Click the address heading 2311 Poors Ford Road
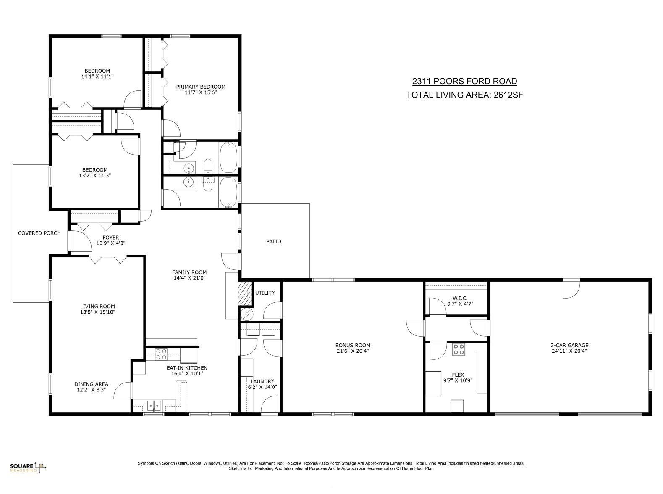tap(464, 81)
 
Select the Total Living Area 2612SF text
tap(464, 95)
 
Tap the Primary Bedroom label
tap(201, 87)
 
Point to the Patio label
tap(273, 241)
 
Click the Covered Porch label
tap(39, 233)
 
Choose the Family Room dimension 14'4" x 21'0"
tap(189, 278)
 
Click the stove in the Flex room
tap(458, 349)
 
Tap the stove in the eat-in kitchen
tap(161, 354)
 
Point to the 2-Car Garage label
tap(569, 345)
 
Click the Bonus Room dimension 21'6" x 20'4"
tap(353, 351)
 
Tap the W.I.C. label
tap(460, 298)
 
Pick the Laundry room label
tap(262, 381)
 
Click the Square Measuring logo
tap(28, 467)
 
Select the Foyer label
tap(111, 238)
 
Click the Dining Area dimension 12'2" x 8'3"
tap(91, 390)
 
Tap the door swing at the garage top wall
tap(571, 288)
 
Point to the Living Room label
tap(97, 306)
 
